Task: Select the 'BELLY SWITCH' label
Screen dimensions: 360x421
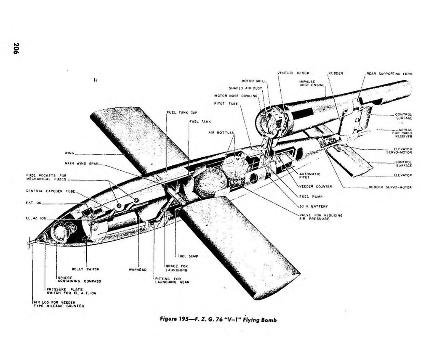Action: [85, 269]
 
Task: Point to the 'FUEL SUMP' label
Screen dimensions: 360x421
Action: [188, 256]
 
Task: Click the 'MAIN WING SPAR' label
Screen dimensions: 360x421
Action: [81, 163]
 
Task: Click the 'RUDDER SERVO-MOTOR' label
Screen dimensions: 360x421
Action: [390, 187]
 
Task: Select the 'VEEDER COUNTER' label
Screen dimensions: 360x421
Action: [315, 186]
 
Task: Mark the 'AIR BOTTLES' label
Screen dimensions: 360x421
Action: [221, 132]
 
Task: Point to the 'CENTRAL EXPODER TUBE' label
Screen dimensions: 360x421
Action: [50, 191]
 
